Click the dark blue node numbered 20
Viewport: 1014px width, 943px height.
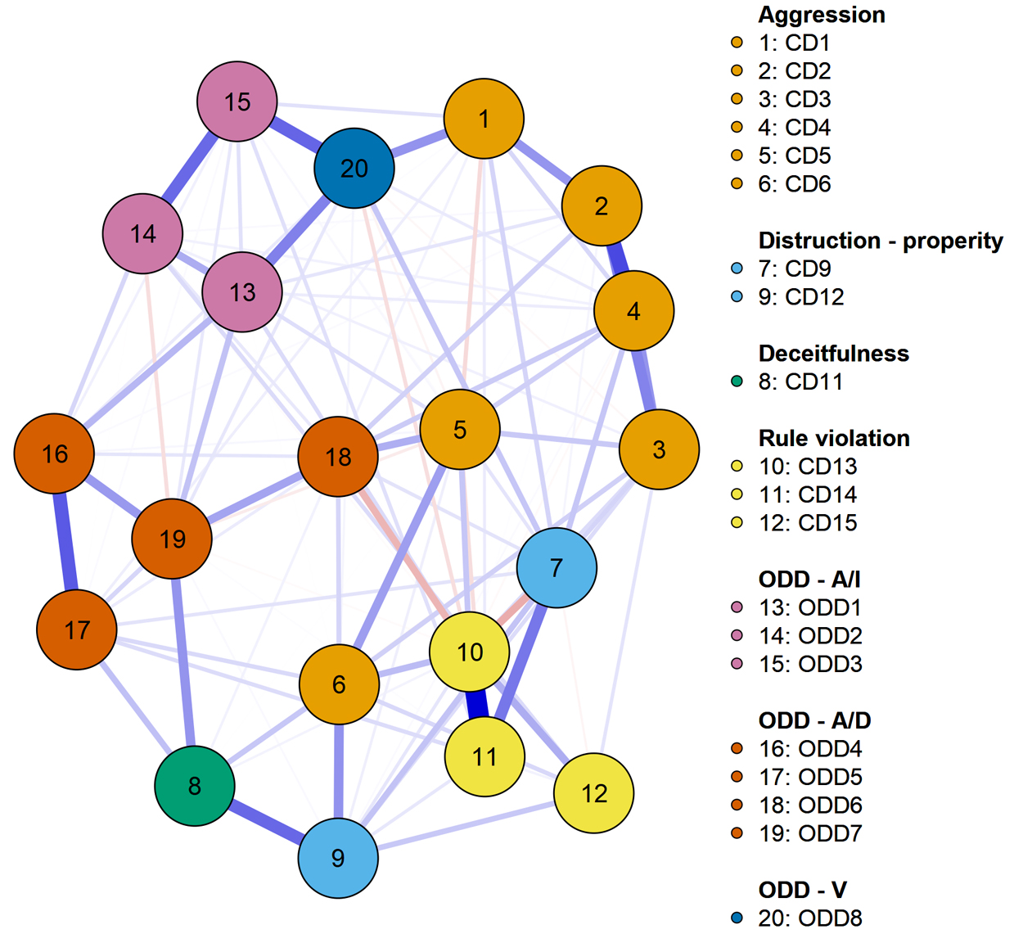pyautogui.click(x=354, y=168)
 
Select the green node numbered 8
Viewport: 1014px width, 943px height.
pyautogui.click(x=195, y=786)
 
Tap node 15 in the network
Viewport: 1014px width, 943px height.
pyautogui.click(x=237, y=102)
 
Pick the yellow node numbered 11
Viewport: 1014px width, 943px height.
pyautogui.click(x=484, y=756)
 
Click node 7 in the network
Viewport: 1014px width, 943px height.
pyautogui.click(x=557, y=567)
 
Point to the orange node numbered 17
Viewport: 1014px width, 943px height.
pyautogui.click(x=77, y=629)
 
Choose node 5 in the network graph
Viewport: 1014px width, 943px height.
pyautogui.click(x=460, y=429)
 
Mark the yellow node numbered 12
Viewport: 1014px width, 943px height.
pyautogui.click(x=593, y=792)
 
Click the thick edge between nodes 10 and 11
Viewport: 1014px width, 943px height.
pyautogui.click(x=476, y=704)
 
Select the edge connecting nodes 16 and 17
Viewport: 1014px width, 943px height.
pyautogui.click(x=65, y=542)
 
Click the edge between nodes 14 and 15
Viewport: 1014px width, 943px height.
pyautogui.click(x=190, y=168)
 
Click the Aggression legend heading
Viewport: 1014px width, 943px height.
pyautogui.click(x=821, y=15)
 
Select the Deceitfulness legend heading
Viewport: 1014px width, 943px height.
pyautogui.click(x=833, y=354)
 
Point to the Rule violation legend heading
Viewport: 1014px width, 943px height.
pyautogui.click(x=833, y=438)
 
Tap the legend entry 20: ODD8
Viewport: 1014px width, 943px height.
pyautogui.click(x=809, y=918)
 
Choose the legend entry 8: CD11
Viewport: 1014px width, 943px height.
pyautogui.click(x=800, y=381)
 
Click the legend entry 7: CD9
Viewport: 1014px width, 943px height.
pyautogui.click(x=794, y=268)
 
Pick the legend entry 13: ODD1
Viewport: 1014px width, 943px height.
pyautogui.click(x=809, y=607)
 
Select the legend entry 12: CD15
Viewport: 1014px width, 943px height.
pyautogui.click(x=807, y=522)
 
